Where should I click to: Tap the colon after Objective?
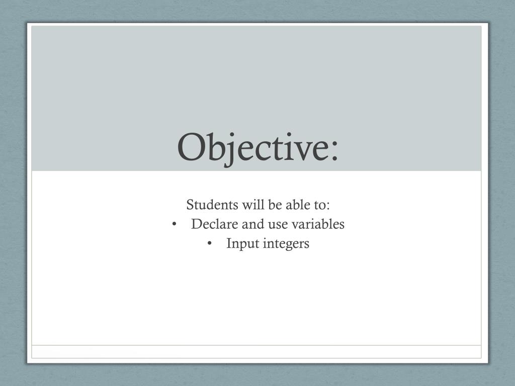click(x=334, y=151)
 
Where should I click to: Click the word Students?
click(x=212, y=205)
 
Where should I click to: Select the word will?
click(x=253, y=205)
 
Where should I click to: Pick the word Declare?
click(x=215, y=224)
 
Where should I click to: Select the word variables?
click(x=318, y=224)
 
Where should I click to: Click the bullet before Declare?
click(x=174, y=225)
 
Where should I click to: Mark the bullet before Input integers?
click(x=210, y=244)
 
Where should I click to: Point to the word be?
click(x=275, y=205)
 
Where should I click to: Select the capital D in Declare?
click(x=197, y=224)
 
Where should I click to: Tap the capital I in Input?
click(x=229, y=244)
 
